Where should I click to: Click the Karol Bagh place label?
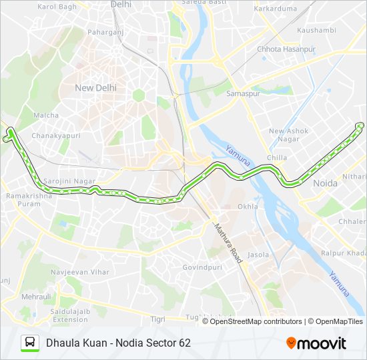(x=57, y=7)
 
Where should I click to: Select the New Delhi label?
(x=96, y=87)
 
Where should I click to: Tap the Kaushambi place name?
(x=316, y=31)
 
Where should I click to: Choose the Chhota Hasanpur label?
(x=286, y=49)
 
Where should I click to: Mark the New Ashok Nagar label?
(x=288, y=135)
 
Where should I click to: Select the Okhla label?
(x=248, y=207)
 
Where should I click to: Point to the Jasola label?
(x=258, y=255)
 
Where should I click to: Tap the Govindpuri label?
(x=202, y=267)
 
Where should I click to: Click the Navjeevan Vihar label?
(x=81, y=273)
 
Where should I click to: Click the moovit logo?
(x=316, y=343)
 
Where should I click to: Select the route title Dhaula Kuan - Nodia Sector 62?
(x=118, y=343)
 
